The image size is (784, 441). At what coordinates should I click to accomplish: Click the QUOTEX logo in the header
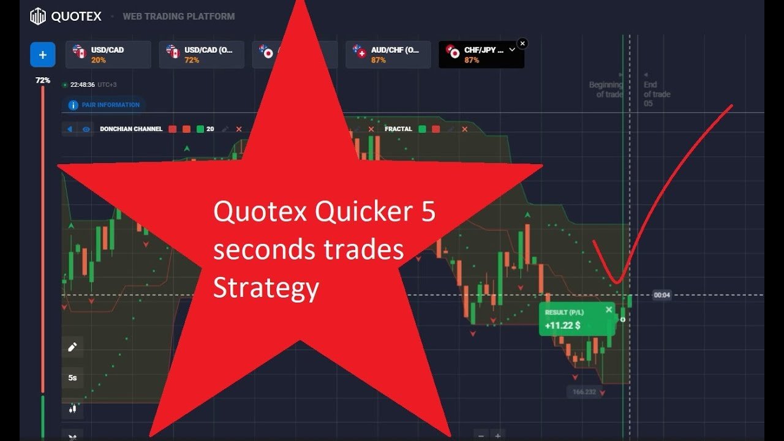pyautogui.click(x=66, y=17)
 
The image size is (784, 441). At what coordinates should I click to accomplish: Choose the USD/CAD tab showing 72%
pyautogui.click(x=201, y=55)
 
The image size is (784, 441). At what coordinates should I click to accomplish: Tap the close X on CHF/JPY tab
pyautogui.click(x=522, y=43)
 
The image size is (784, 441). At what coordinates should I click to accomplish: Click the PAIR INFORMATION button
pyautogui.click(x=104, y=105)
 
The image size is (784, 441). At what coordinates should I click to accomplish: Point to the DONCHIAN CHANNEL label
pyautogui.click(x=131, y=129)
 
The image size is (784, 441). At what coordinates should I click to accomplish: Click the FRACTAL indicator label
pyautogui.click(x=398, y=129)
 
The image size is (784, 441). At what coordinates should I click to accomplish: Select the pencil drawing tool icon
pyautogui.click(x=72, y=347)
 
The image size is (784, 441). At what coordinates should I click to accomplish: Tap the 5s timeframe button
pyautogui.click(x=72, y=378)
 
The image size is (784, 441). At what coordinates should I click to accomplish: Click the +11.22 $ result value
pyautogui.click(x=563, y=325)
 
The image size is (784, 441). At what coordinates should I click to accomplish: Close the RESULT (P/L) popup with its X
pyautogui.click(x=609, y=310)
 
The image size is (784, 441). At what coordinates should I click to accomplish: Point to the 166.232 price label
pyautogui.click(x=584, y=391)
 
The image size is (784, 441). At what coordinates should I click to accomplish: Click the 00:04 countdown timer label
pyautogui.click(x=661, y=295)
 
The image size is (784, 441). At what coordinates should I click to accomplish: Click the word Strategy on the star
pyautogui.click(x=266, y=288)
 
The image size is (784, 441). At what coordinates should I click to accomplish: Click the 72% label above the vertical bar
pyautogui.click(x=42, y=80)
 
